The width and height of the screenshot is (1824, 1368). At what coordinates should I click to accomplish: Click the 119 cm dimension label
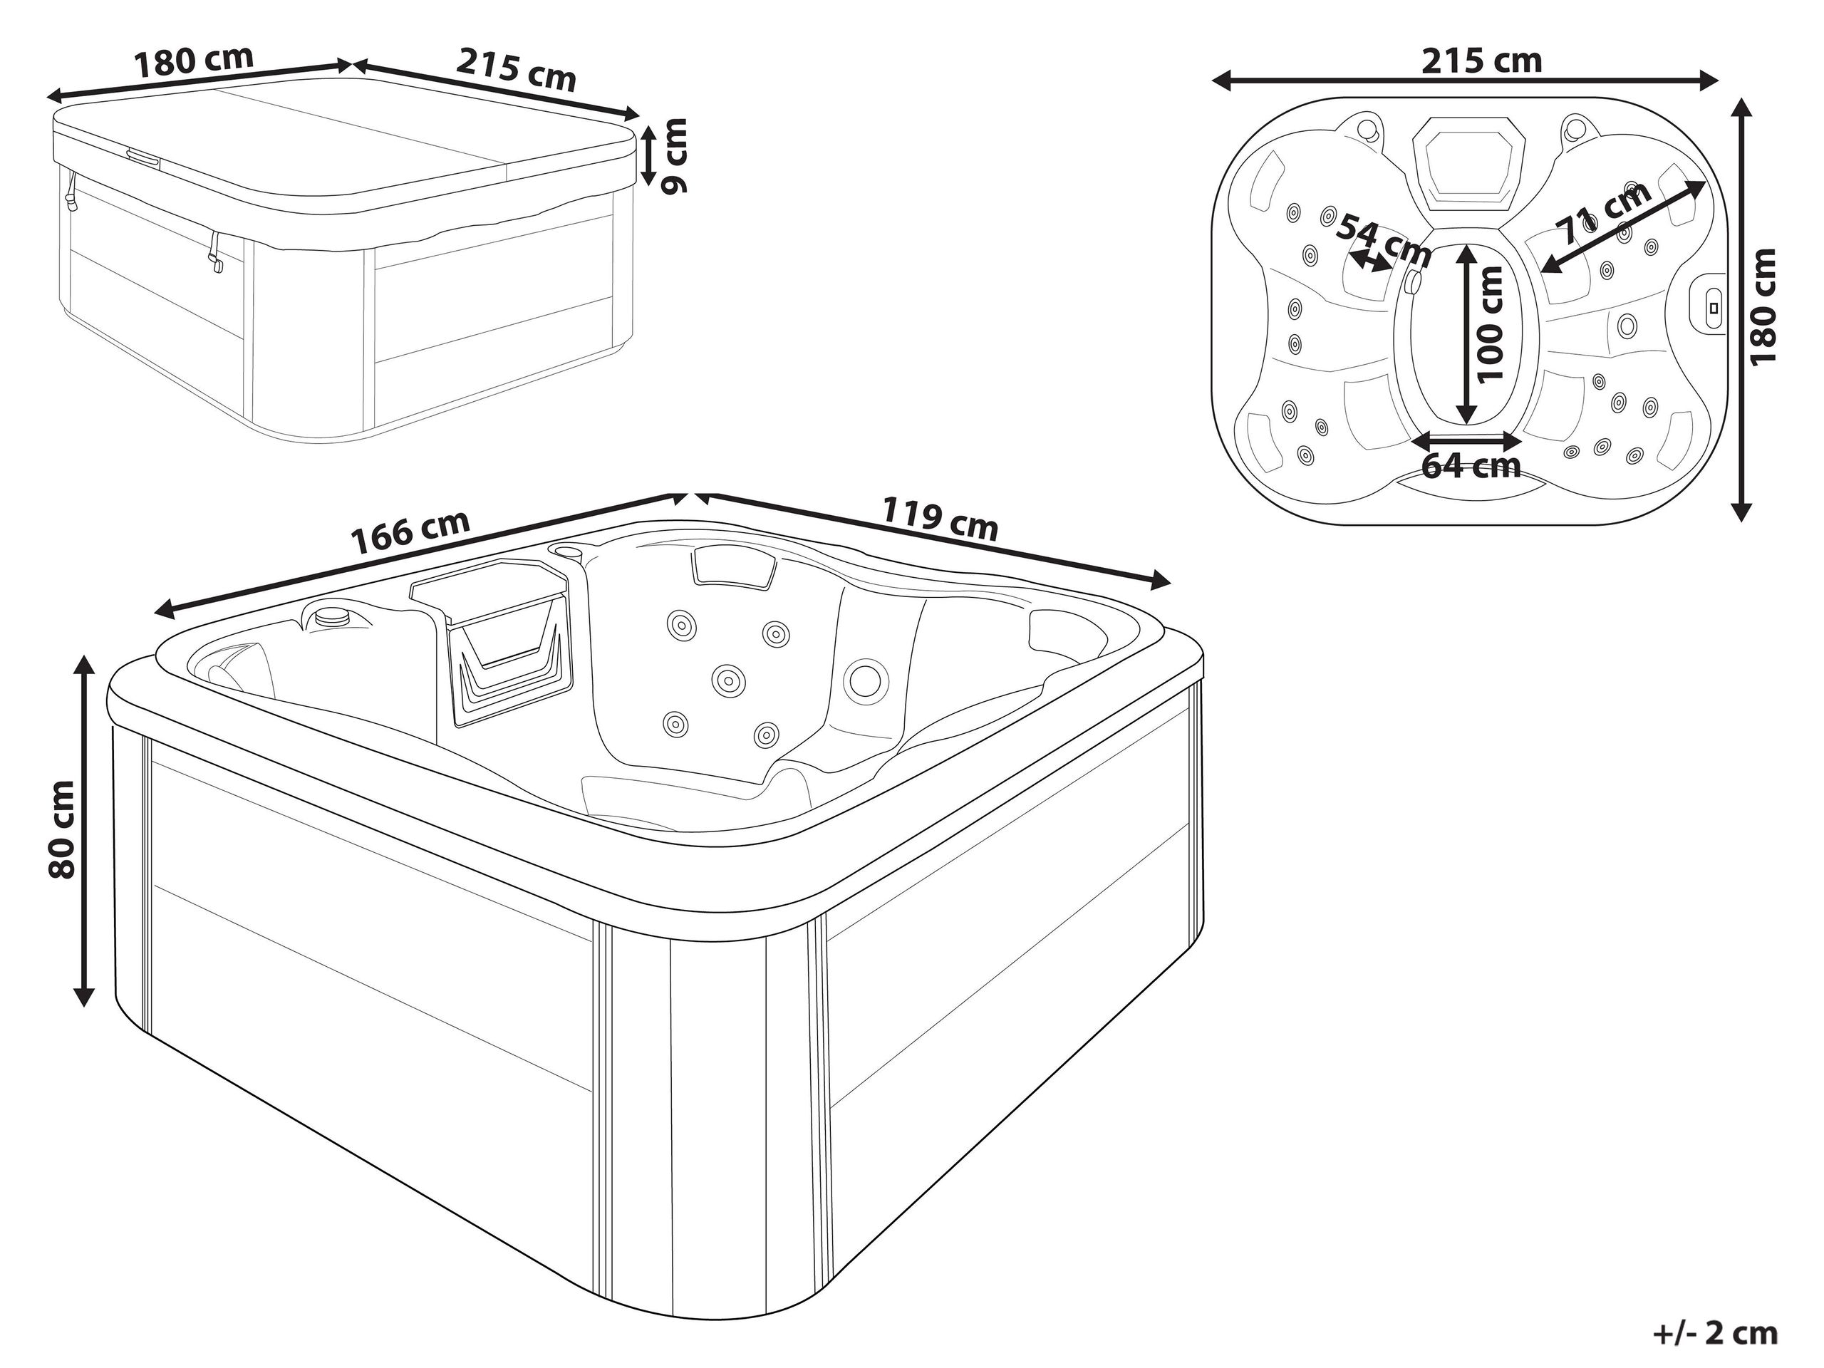click(x=941, y=517)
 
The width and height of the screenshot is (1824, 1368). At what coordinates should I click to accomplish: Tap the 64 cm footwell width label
click(x=1471, y=466)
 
